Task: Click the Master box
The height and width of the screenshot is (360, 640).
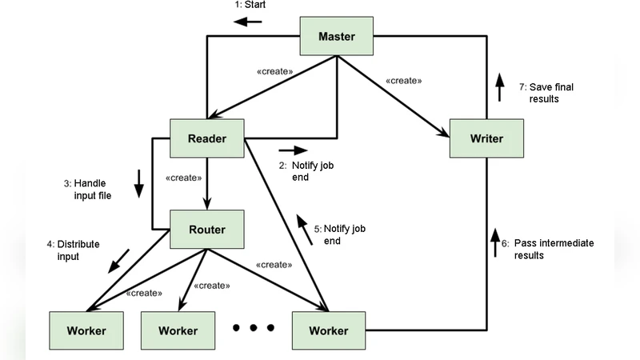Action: (337, 36)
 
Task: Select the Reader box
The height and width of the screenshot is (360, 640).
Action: (207, 138)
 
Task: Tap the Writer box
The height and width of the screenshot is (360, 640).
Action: (486, 138)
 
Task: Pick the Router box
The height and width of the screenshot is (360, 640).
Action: (207, 230)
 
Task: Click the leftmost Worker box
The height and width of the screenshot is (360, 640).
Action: (86, 330)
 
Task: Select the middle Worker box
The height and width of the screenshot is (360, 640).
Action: (178, 330)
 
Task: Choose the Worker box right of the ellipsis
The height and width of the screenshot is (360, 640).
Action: (329, 330)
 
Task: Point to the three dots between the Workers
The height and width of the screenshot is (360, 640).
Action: (254, 327)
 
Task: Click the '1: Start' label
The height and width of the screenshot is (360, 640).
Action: (250, 5)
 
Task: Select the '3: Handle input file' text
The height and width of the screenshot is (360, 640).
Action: (90, 190)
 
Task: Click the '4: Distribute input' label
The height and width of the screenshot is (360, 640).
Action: (74, 250)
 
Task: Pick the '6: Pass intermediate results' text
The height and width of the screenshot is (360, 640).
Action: (553, 249)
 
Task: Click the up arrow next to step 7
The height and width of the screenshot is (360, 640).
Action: (499, 87)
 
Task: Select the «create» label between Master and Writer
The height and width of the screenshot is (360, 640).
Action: (403, 81)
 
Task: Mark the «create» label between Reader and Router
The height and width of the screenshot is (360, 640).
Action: (182, 178)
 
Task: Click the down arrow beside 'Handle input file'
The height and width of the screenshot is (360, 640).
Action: (138, 183)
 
